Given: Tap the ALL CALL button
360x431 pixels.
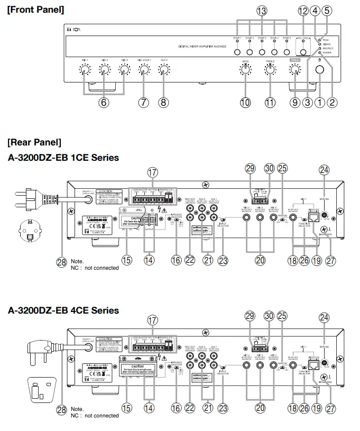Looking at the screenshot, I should (x=303, y=52).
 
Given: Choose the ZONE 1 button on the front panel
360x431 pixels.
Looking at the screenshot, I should (x=237, y=52).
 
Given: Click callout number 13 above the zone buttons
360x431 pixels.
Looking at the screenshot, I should (x=262, y=11).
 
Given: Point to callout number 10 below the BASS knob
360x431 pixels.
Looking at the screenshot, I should (x=245, y=103).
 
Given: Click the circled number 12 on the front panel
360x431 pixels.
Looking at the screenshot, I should (x=303, y=11).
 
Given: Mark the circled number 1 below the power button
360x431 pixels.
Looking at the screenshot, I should (x=319, y=103).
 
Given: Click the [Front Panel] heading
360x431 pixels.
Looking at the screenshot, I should (x=35, y=10).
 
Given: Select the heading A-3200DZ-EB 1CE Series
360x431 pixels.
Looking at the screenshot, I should (x=63, y=157).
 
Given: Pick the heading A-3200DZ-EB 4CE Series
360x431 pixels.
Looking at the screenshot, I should (x=63, y=310).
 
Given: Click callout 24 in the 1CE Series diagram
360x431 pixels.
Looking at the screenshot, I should (x=324, y=169).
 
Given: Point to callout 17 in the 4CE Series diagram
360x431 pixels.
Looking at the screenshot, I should (x=153, y=320).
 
